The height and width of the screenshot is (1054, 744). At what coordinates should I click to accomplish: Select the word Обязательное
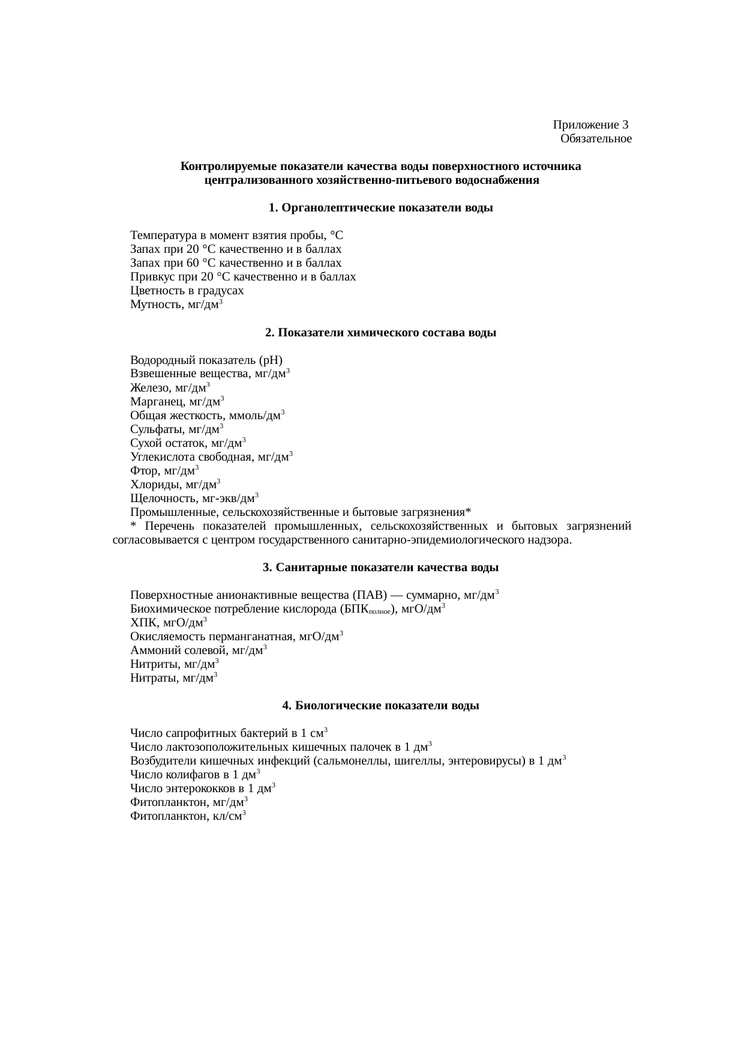[596, 139]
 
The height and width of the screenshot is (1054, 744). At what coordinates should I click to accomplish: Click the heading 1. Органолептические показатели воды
[381, 208]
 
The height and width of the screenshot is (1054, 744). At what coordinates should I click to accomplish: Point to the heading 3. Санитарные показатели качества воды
[381, 568]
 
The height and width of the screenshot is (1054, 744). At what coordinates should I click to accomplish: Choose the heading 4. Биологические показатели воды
[380, 706]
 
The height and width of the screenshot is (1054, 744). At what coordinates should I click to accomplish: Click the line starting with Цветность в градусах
[187, 291]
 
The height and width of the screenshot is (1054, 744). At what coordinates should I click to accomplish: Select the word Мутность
[156, 305]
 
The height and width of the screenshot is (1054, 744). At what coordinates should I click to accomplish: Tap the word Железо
[148, 389]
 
